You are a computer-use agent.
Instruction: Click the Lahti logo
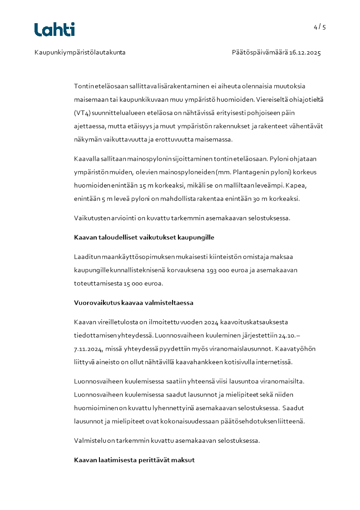point(54,30)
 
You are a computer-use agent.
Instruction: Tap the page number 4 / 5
point(320,27)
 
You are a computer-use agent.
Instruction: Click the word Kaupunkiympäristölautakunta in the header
point(80,53)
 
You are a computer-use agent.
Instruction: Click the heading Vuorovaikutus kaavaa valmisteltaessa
point(133,303)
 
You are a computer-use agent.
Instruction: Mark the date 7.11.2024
point(89,349)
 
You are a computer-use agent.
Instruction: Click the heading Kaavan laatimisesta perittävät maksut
point(134,460)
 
